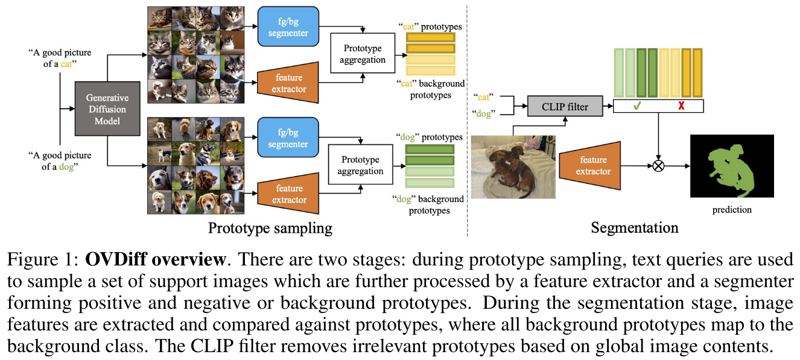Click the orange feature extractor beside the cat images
tap(287, 83)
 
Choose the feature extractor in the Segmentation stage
tap(593, 165)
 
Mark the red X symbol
tap(681, 107)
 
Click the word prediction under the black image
tap(732, 209)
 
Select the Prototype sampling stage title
tap(270, 229)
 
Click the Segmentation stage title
tap(634, 229)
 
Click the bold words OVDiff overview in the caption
tap(156, 260)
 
